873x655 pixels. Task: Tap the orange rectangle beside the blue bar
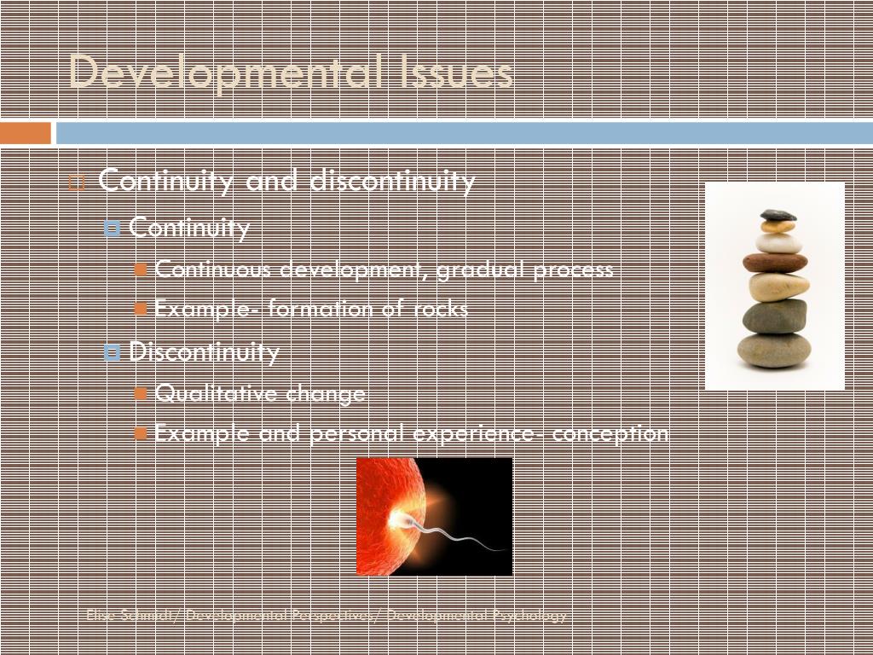[26, 133]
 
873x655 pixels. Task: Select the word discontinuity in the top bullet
[392, 181]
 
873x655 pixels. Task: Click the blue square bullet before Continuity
[112, 229]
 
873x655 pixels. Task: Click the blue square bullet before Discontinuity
[112, 352]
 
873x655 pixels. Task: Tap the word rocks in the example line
[441, 309]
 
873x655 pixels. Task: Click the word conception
[610, 433]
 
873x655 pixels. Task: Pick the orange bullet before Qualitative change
[142, 393]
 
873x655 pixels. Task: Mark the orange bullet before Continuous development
[142, 270]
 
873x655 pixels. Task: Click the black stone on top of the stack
[778, 215]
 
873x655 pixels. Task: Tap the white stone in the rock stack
[778, 243]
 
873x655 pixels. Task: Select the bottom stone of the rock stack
[774, 350]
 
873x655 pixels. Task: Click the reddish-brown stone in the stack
[775, 263]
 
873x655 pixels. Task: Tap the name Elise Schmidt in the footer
[129, 616]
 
